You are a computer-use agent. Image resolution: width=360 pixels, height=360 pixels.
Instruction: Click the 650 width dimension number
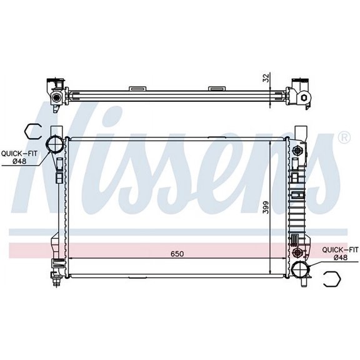(x=177, y=254)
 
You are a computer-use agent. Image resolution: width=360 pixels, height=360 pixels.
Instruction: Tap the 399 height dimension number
(x=265, y=207)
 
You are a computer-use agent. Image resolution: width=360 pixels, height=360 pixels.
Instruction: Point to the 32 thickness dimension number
(x=265, y=77)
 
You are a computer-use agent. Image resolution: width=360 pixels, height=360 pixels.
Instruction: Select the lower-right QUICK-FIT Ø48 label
(x=339, y=253)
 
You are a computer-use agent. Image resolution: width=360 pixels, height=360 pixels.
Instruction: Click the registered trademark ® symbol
(x=343, y=136)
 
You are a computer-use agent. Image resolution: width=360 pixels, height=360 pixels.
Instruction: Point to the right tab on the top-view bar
(x=216, y=88)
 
